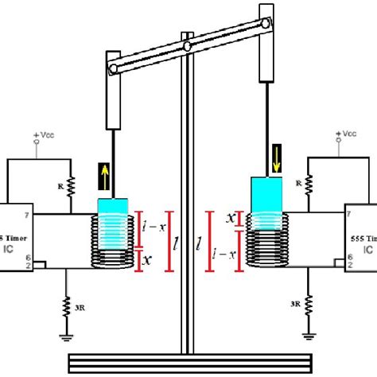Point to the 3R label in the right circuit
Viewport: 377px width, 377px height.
tap(295, 304)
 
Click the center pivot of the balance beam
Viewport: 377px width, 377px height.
tap(186, 47)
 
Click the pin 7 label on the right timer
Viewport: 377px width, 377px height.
tap(337, 213)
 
